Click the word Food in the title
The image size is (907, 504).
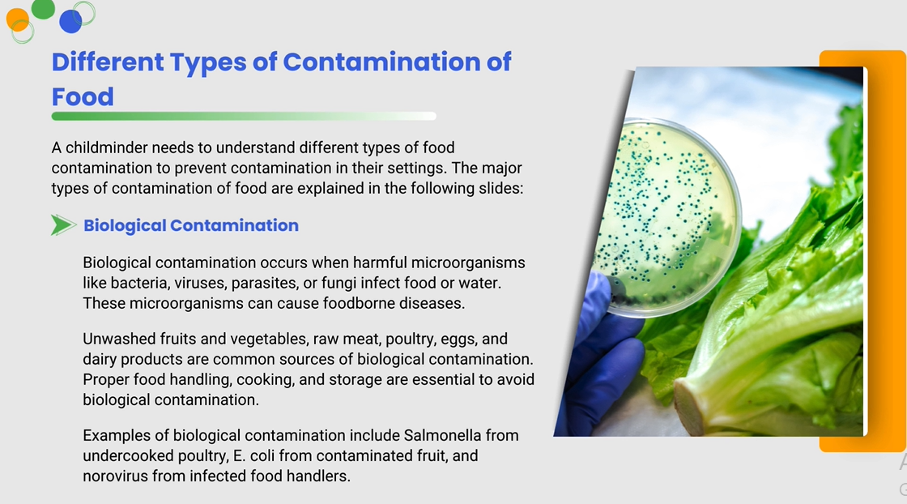tap(83, 96)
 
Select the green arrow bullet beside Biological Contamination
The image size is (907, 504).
tap(63, 225)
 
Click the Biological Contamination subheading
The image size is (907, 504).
tap(191, 225)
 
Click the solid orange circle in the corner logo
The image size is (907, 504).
tap(17, 19)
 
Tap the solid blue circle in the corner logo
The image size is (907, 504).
tap(70, 21)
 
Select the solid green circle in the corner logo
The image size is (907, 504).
tap(43, 8)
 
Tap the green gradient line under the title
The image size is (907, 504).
tap(244, 117)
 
